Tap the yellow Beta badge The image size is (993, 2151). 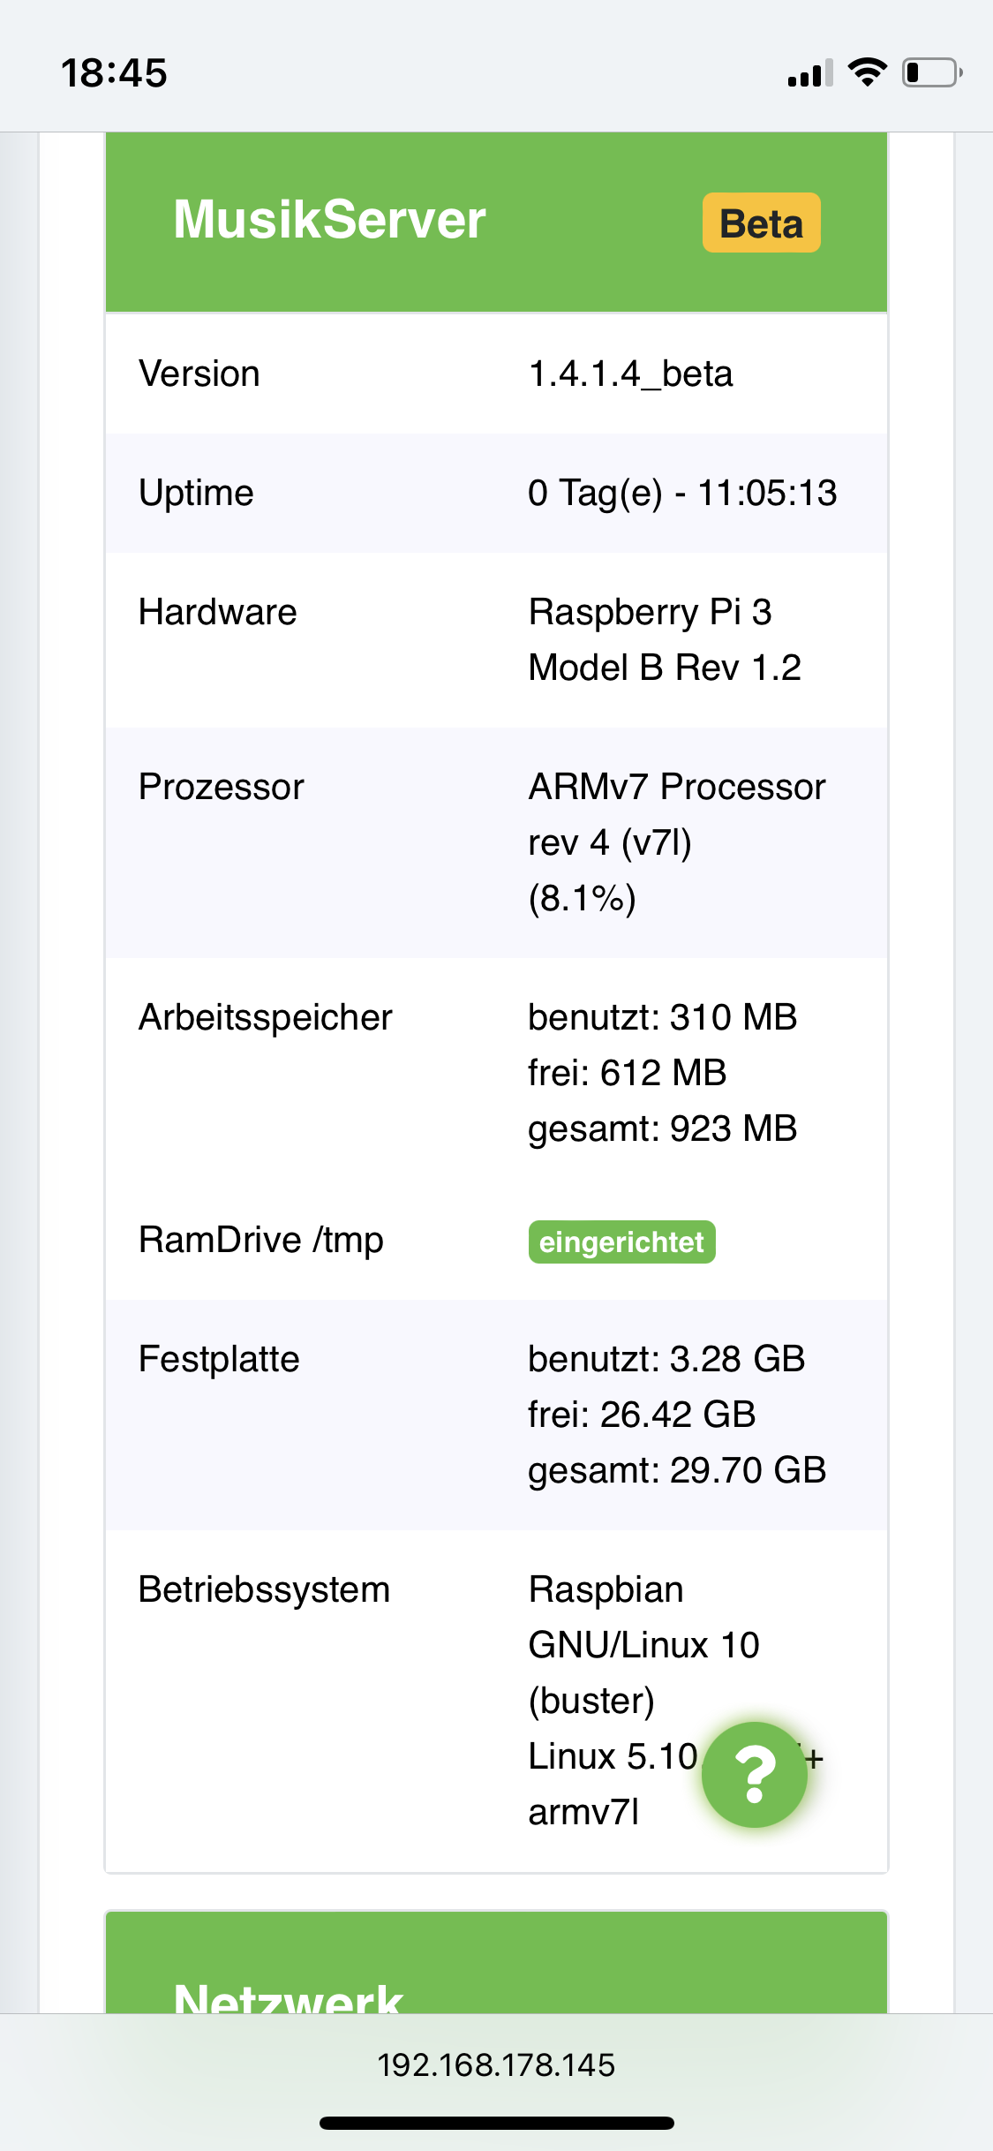761,223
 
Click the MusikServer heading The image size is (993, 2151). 329,219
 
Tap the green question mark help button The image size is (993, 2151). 755,1774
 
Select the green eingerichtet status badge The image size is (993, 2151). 621,1242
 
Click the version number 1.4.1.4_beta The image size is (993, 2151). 630,374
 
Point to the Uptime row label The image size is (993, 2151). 196,493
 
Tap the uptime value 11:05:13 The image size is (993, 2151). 767,493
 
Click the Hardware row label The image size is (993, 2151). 217,612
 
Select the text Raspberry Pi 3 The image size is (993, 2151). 650,612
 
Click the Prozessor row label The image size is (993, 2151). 221,787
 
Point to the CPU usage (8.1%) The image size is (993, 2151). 582,898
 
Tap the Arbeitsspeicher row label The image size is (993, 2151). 265,1017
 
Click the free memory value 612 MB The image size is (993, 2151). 663,1073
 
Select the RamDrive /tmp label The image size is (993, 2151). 260,1240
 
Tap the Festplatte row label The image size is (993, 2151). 219,1359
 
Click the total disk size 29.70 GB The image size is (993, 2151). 747,1470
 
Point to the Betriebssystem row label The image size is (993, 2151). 264,1589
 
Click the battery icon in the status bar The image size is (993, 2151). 931,72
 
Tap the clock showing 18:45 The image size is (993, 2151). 114,72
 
